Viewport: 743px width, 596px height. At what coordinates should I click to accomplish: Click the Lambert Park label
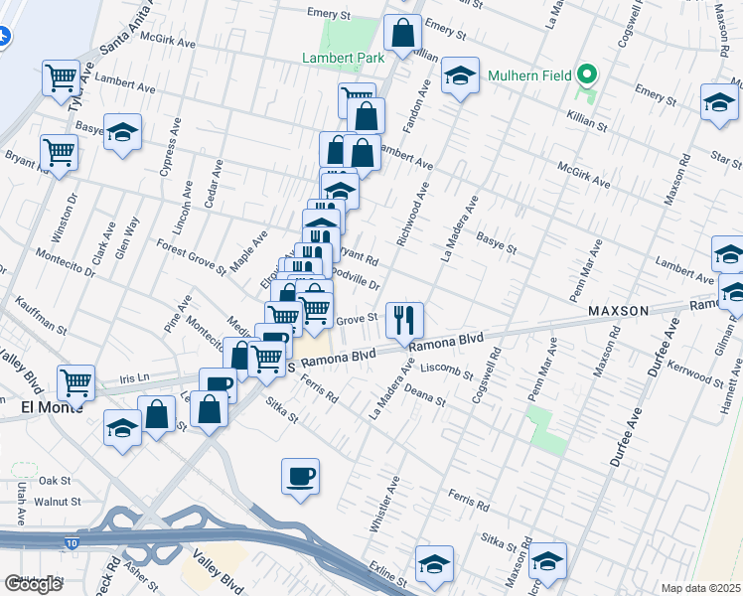343,58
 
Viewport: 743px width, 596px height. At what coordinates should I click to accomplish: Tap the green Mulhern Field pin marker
587,74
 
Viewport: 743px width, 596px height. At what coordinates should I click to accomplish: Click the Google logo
33,584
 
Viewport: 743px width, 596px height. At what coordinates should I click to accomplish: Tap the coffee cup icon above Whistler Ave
300,475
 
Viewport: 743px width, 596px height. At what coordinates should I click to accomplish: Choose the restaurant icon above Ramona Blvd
404,319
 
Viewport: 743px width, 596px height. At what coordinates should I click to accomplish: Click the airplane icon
4,37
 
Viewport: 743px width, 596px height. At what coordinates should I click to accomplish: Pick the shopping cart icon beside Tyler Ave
61,75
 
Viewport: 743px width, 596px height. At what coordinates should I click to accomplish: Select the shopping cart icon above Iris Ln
75,380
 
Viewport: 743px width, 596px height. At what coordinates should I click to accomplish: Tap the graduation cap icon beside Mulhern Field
460,76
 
